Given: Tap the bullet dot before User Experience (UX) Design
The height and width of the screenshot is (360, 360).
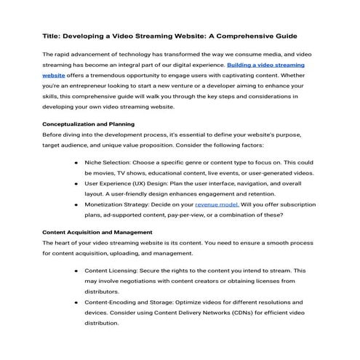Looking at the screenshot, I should click(x=76, y=184).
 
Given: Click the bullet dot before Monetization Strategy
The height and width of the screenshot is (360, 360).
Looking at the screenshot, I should click(x=76, y=204).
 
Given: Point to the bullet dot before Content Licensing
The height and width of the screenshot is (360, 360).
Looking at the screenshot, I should click(x=76, y=270).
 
